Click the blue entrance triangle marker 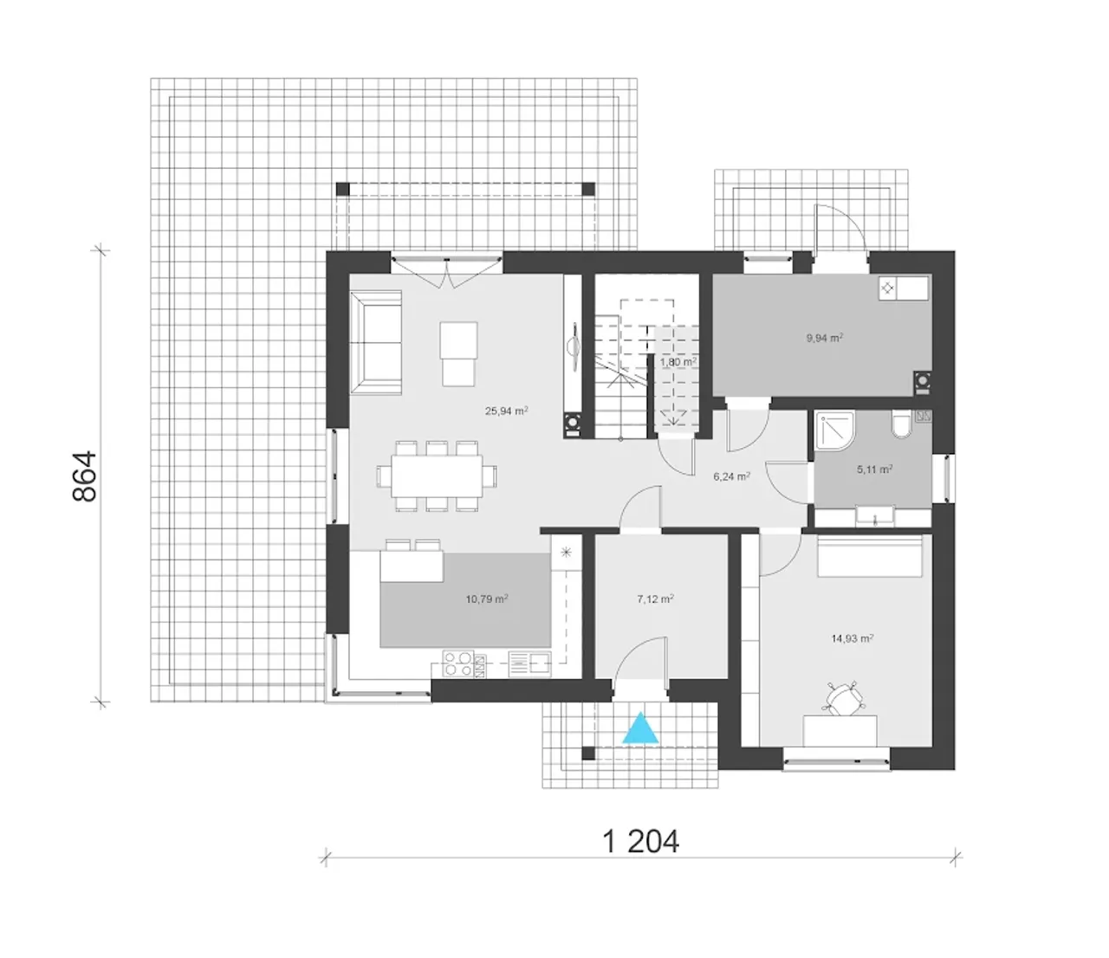[640, 729]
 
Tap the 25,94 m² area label [507, 411]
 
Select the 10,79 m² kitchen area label [487, 599]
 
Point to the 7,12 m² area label [656, 599]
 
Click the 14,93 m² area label [852, 638]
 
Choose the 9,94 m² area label [824, 338]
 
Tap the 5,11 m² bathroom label [874, 469]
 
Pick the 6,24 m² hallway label [731, 476]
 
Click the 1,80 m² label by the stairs [678, 362]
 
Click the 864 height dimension [85, 476]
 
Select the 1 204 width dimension [640, 841]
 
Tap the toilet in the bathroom [901, 424]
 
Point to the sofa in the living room [375, 342]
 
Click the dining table [436, 476]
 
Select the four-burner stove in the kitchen [458, 664]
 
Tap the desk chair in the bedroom [845, 699]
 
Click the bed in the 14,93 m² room [870, 556]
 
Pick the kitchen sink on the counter [529, 664]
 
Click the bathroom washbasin [874, 516]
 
